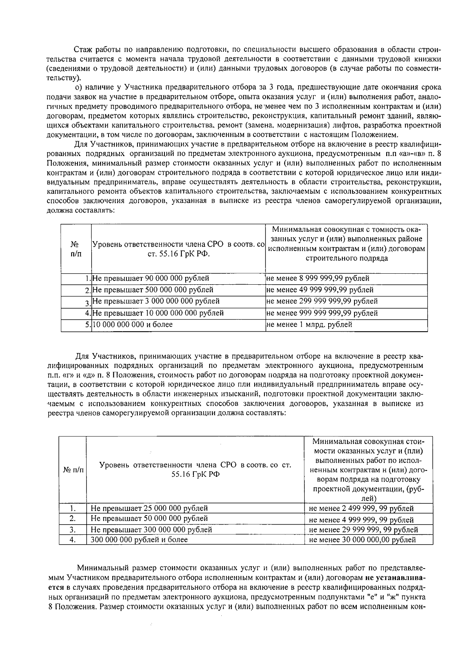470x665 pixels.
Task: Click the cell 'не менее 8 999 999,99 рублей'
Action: [x=318, y=278]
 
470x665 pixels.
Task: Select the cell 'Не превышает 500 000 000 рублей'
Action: [x=153, y=290]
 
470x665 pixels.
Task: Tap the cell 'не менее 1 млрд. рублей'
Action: [x=309, y=324]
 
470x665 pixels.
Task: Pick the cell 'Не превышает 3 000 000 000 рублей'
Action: [x=155, y=301]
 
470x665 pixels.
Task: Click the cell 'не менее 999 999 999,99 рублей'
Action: [x=322, y=313]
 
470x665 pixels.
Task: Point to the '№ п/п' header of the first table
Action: [x=76, y=249]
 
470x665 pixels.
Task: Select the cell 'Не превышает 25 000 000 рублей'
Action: [x=149, y=508]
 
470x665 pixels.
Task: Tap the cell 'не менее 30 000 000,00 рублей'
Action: [x=362, y=540]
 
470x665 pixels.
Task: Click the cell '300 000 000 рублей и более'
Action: [x=139, y=540]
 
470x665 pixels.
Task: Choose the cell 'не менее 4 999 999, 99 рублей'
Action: [x=361, y=520]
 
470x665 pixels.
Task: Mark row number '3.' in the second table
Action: [x=72, y=529]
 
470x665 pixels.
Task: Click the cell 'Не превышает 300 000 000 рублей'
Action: [x=151, y=529]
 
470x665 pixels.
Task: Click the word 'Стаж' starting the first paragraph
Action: [x=83, y=50]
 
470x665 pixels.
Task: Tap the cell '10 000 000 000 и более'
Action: [x=132, y=324]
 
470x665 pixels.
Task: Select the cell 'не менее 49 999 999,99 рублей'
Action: [x=320, y=290]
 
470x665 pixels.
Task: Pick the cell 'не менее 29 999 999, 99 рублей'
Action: [x=363, y=530]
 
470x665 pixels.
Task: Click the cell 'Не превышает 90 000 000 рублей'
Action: [x=150, y=278]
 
